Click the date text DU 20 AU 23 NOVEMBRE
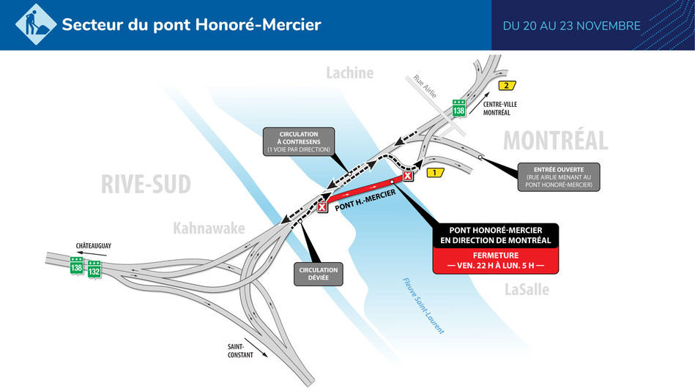tap(571, 26)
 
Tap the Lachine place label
tap(349, 72)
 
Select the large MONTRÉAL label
tap(555, 140)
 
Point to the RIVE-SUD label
tap(146, 185)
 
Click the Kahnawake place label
tap(209, 229)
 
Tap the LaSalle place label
tap(527, 290)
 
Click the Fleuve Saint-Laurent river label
tap(423, 305)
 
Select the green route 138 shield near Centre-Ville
tap(459, 108)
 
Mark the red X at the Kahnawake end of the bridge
tap(322, 208)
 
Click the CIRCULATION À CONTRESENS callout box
tap(298, 141)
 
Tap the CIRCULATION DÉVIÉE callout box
tap(318, 274)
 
